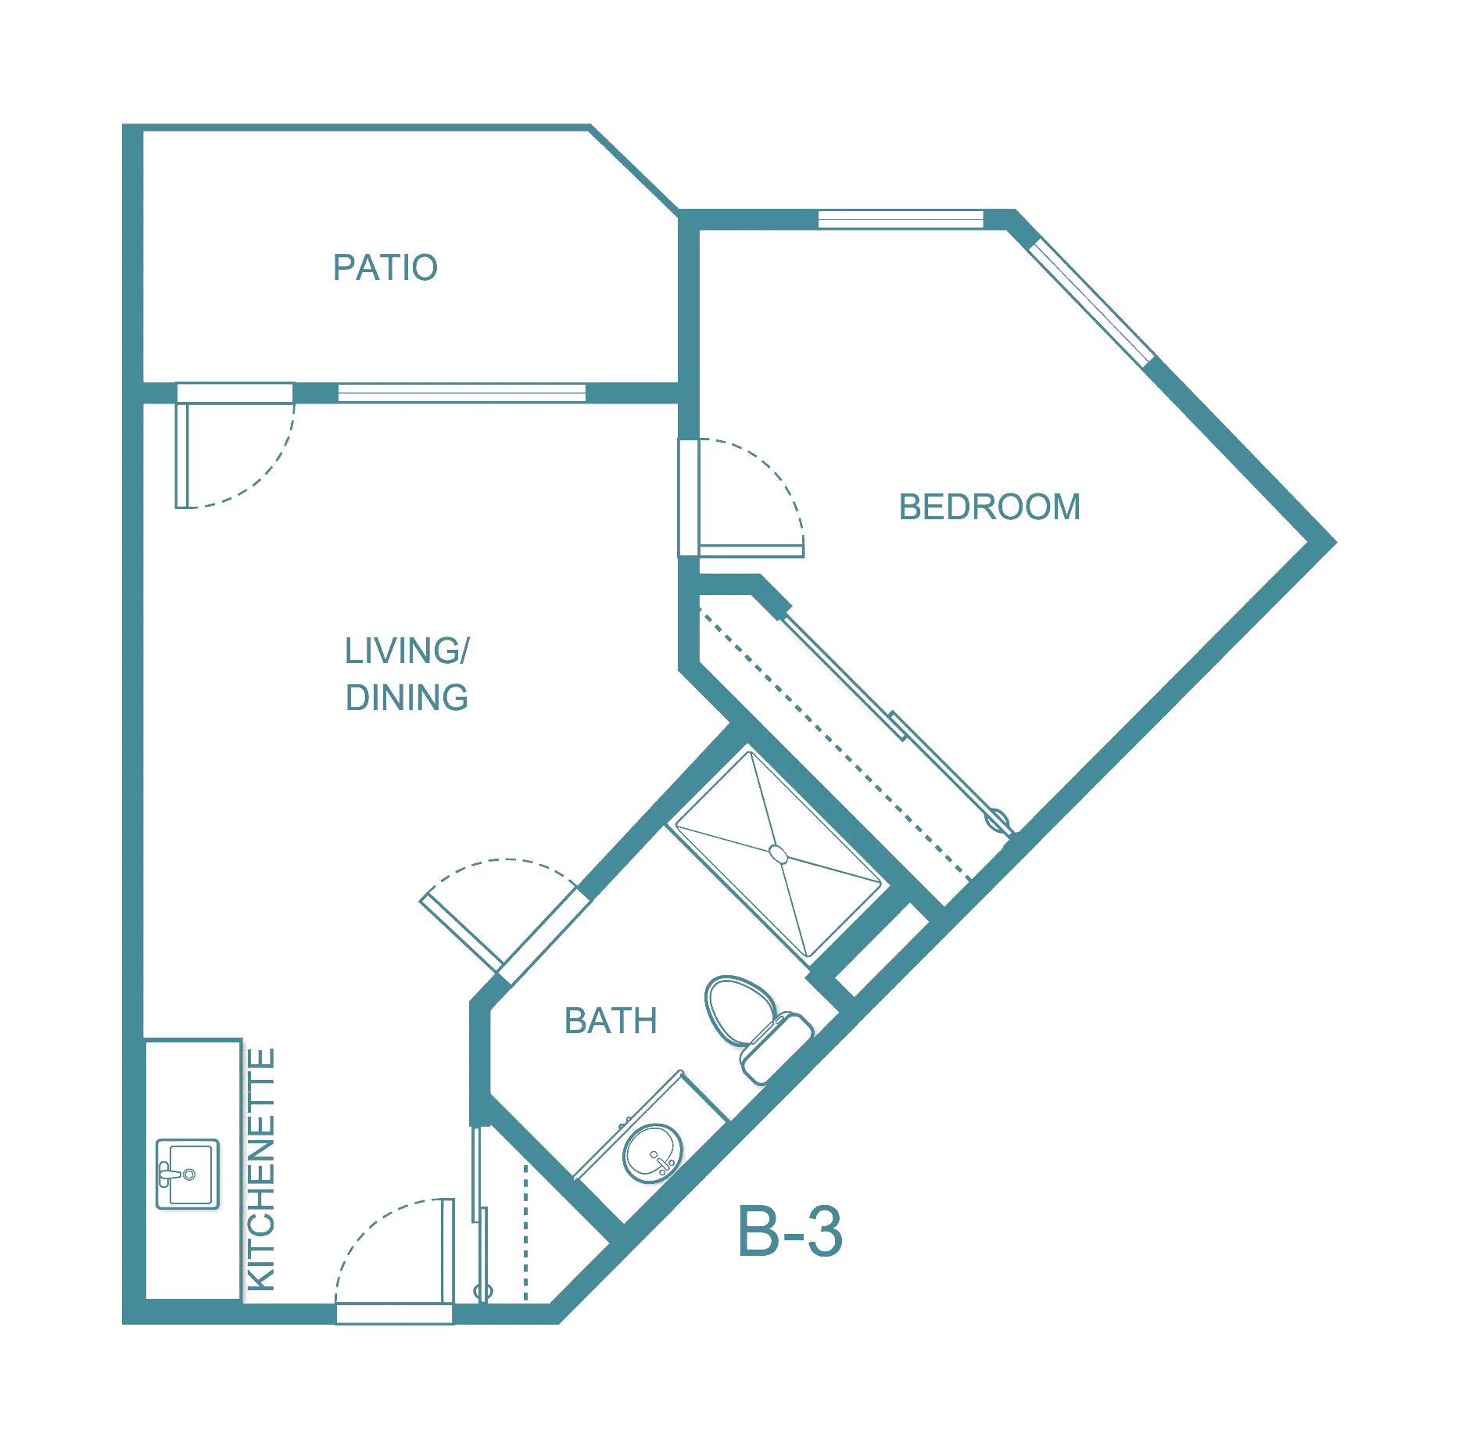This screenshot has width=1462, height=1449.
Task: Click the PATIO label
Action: pos(385,267)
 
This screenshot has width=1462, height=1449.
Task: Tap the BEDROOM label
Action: pos(989,507)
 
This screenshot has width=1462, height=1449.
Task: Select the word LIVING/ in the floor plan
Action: pos(407,651)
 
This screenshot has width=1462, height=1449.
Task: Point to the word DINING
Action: pos(407,698)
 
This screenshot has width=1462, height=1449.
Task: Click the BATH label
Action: pos(611,1020)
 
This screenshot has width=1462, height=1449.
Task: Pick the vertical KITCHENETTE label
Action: pos(261,1169)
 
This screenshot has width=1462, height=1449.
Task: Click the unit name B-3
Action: pos(790,1232)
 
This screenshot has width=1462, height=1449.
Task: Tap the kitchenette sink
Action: pos(188,1174)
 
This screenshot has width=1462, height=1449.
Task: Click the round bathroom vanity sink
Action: pos(652,1153)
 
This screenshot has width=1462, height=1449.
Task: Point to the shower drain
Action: pos(778,854)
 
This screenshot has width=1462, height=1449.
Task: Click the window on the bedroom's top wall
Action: pos(900,220)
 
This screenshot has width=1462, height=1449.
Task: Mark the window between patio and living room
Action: pos(461,393)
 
